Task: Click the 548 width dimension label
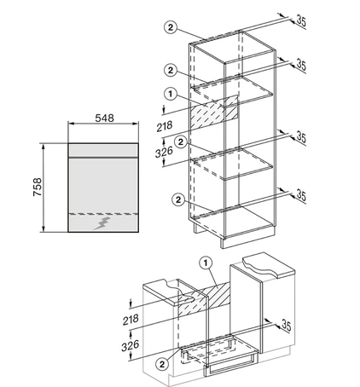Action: click(x=104, y=118)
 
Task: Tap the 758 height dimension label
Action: click(x=38, y=187)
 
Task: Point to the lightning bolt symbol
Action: click(x=102, y=223)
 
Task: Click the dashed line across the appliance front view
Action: click(x=103, y=214)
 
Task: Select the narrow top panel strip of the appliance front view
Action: click(x=103, y=150)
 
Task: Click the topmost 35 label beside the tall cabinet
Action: click(x=301, y=21)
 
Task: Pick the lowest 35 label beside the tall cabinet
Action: click(x=301, y=195)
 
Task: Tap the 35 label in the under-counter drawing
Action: click(x=287, y=325)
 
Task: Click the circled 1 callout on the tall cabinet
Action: click(x=171, y=94)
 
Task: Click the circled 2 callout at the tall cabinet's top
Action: click(x=171, y=27)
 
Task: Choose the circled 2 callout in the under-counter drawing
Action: click(x=162, y=364)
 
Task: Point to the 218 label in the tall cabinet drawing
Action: click(x=165, y=126)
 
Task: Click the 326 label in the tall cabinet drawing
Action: click(x=164, y=152)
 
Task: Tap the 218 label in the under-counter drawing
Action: click(x=131, y=320)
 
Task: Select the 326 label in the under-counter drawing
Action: click(x=131, y=345)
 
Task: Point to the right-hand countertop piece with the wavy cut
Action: click(x=269, y=264)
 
